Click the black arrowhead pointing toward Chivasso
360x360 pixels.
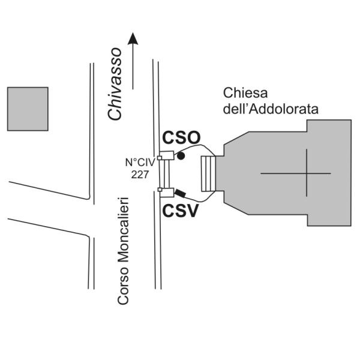(133, 39)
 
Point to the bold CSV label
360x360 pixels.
(179, 211)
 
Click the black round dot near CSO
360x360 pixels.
(181, 156)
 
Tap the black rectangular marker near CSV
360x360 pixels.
(181, 194)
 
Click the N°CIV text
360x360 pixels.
(139, 163)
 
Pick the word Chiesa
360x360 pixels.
(244, 94)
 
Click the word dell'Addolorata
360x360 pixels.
(270, 109)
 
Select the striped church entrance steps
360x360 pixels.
(207, 174)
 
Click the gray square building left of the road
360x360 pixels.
(28, 109)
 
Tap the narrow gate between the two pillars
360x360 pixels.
(163, 175)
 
